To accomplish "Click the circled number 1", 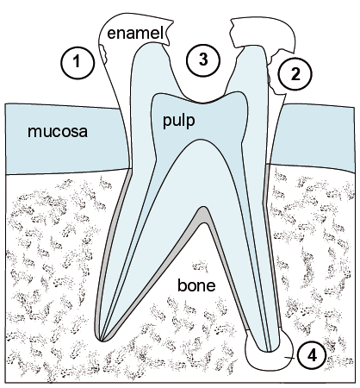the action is [x=78, y=62].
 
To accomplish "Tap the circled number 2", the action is [x=295, y=74].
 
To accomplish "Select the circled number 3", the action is [x=203, y=60].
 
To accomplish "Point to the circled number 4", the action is [x=312, y=356].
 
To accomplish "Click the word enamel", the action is [x=135, y=33].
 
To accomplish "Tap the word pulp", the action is [x=179, y=121].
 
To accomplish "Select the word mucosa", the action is [x=58, y=132].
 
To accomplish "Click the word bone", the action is [x=196, y=285].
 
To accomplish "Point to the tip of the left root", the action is [x=101, y=341].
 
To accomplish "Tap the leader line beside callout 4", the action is [x=290, y=358].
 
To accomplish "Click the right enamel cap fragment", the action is [x=263, y=32].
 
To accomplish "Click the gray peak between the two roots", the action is [x=203, y=216].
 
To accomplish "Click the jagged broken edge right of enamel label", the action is [x=169, y=32].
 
